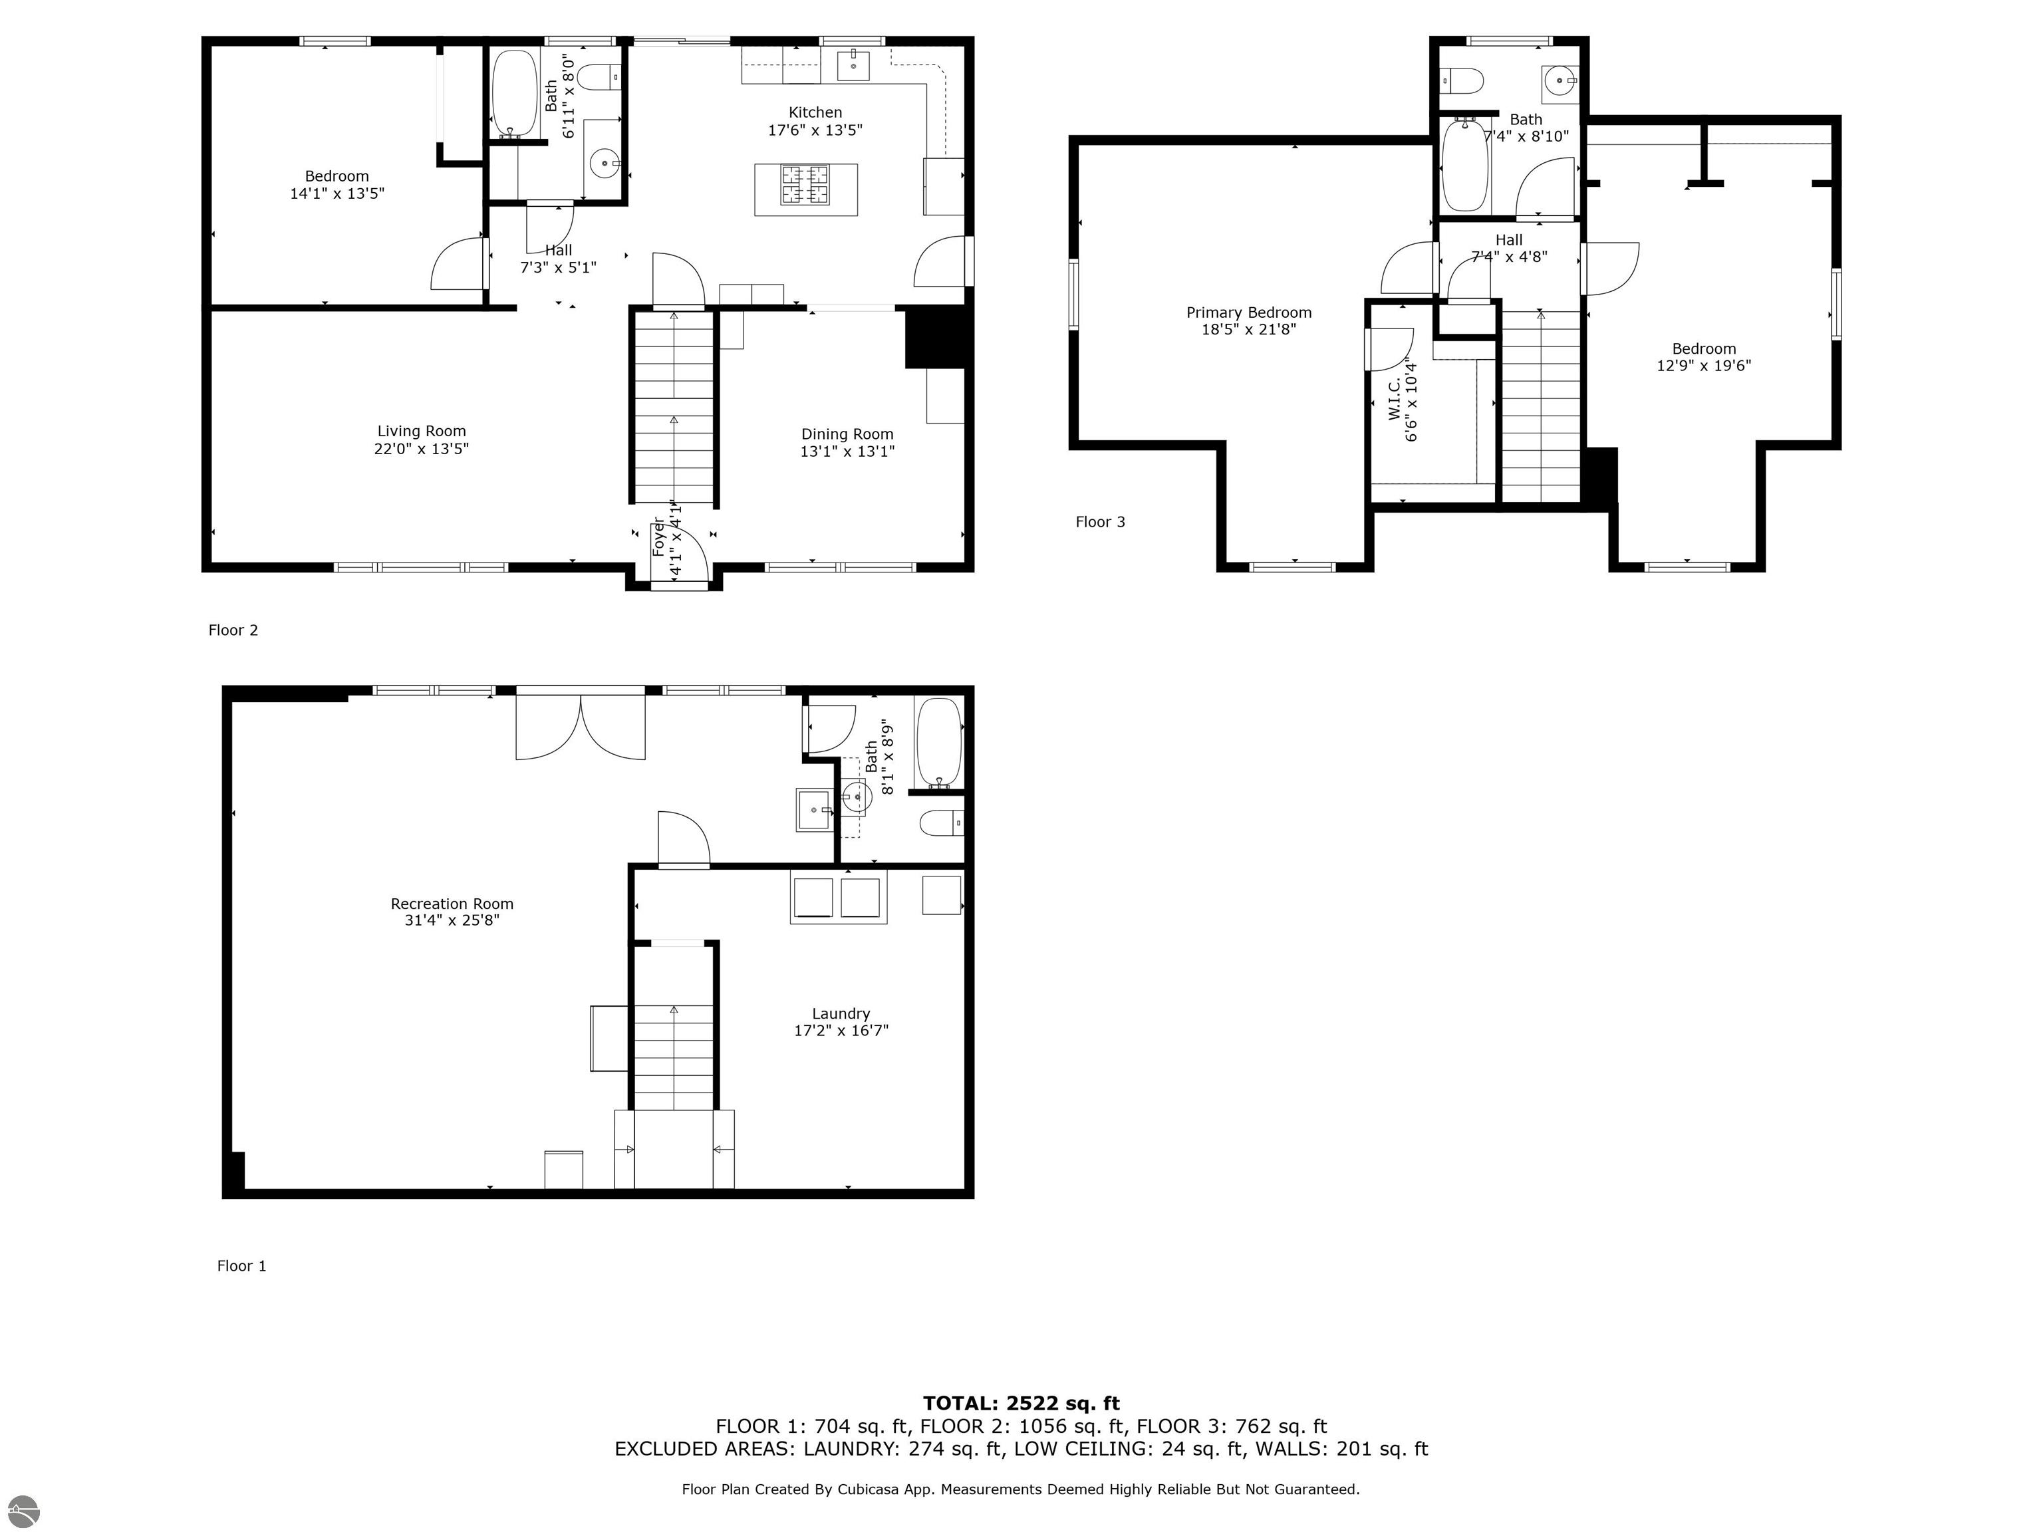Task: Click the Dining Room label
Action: (x=847, y=434)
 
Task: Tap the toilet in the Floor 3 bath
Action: (x=1463, y=81)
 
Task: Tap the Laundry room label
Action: (x=841, y=1014)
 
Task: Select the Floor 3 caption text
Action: (x=1100, y=522)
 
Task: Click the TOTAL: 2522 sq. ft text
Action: (x=1021, y=1404)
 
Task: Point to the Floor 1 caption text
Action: (x=241, y=1266)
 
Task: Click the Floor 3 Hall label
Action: (x=1508, y=240)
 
